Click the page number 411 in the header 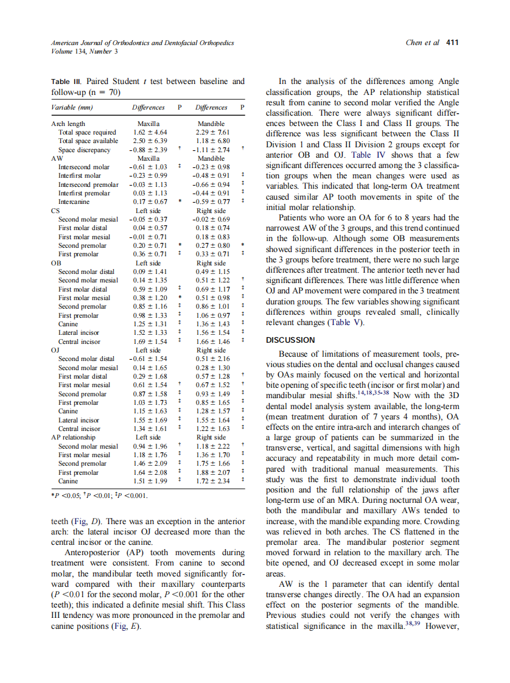click(x=452, y=43)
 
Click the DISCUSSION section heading click(x=290, y=340)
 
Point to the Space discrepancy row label click(x=84, y=149)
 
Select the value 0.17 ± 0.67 click(x=148, y=201)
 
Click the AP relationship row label click(x=72, y=437)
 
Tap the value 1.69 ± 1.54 click(x=148, y=342)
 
